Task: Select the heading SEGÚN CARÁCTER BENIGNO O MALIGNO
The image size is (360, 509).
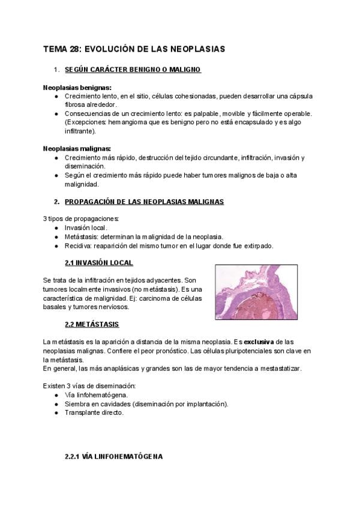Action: pyautogui.click(x=132, y=70)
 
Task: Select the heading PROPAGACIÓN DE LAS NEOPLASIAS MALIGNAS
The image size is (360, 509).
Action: pyautogui.click(x=144, y=202)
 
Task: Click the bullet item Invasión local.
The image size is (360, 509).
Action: pyautogui.click(x=86, y=228)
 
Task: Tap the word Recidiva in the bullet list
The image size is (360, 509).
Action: pyautogui.click(x=79, y=245)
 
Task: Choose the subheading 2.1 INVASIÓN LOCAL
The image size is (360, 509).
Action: pyautogui.click(x=98, y=263)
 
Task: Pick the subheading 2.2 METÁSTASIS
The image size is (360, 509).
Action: pyautogui.click(x=91, y=324)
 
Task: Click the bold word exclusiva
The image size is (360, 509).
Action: pyautogui.click(x=262, y=342)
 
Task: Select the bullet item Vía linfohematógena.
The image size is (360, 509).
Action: pyautogui.click(x=96, y=395)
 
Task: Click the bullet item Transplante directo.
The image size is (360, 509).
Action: pyautogui.click(x=94, y=412)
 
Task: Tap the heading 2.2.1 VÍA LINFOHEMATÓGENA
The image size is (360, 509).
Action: pyautogui.click(x=113, y=457)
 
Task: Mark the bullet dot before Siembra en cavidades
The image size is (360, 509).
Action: pyautogui.click(x=56, y=404)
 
